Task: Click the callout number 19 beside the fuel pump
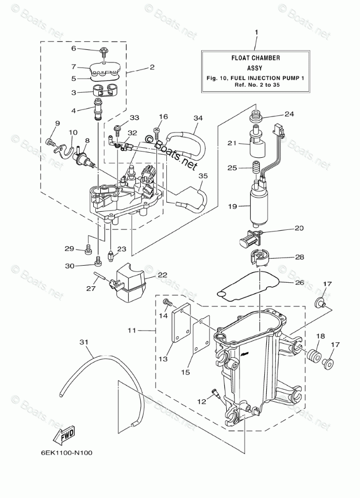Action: click(x=232, y=206)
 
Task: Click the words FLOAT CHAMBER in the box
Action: click(x=255, y=58)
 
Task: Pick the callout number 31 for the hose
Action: click(x=84, y=341)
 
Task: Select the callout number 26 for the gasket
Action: click(x=299, y=282)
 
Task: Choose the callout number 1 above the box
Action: click(x=256, y=32)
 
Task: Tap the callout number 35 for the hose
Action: click(x=203, y=175)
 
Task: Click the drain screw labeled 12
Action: click(x=215, y=394)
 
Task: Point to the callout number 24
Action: click(x=289, y=114)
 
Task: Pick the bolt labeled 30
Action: click(x=98, y=261)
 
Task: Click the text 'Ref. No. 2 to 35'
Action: click(x=257, y=85)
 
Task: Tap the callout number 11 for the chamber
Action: click(x=132, y=330)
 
